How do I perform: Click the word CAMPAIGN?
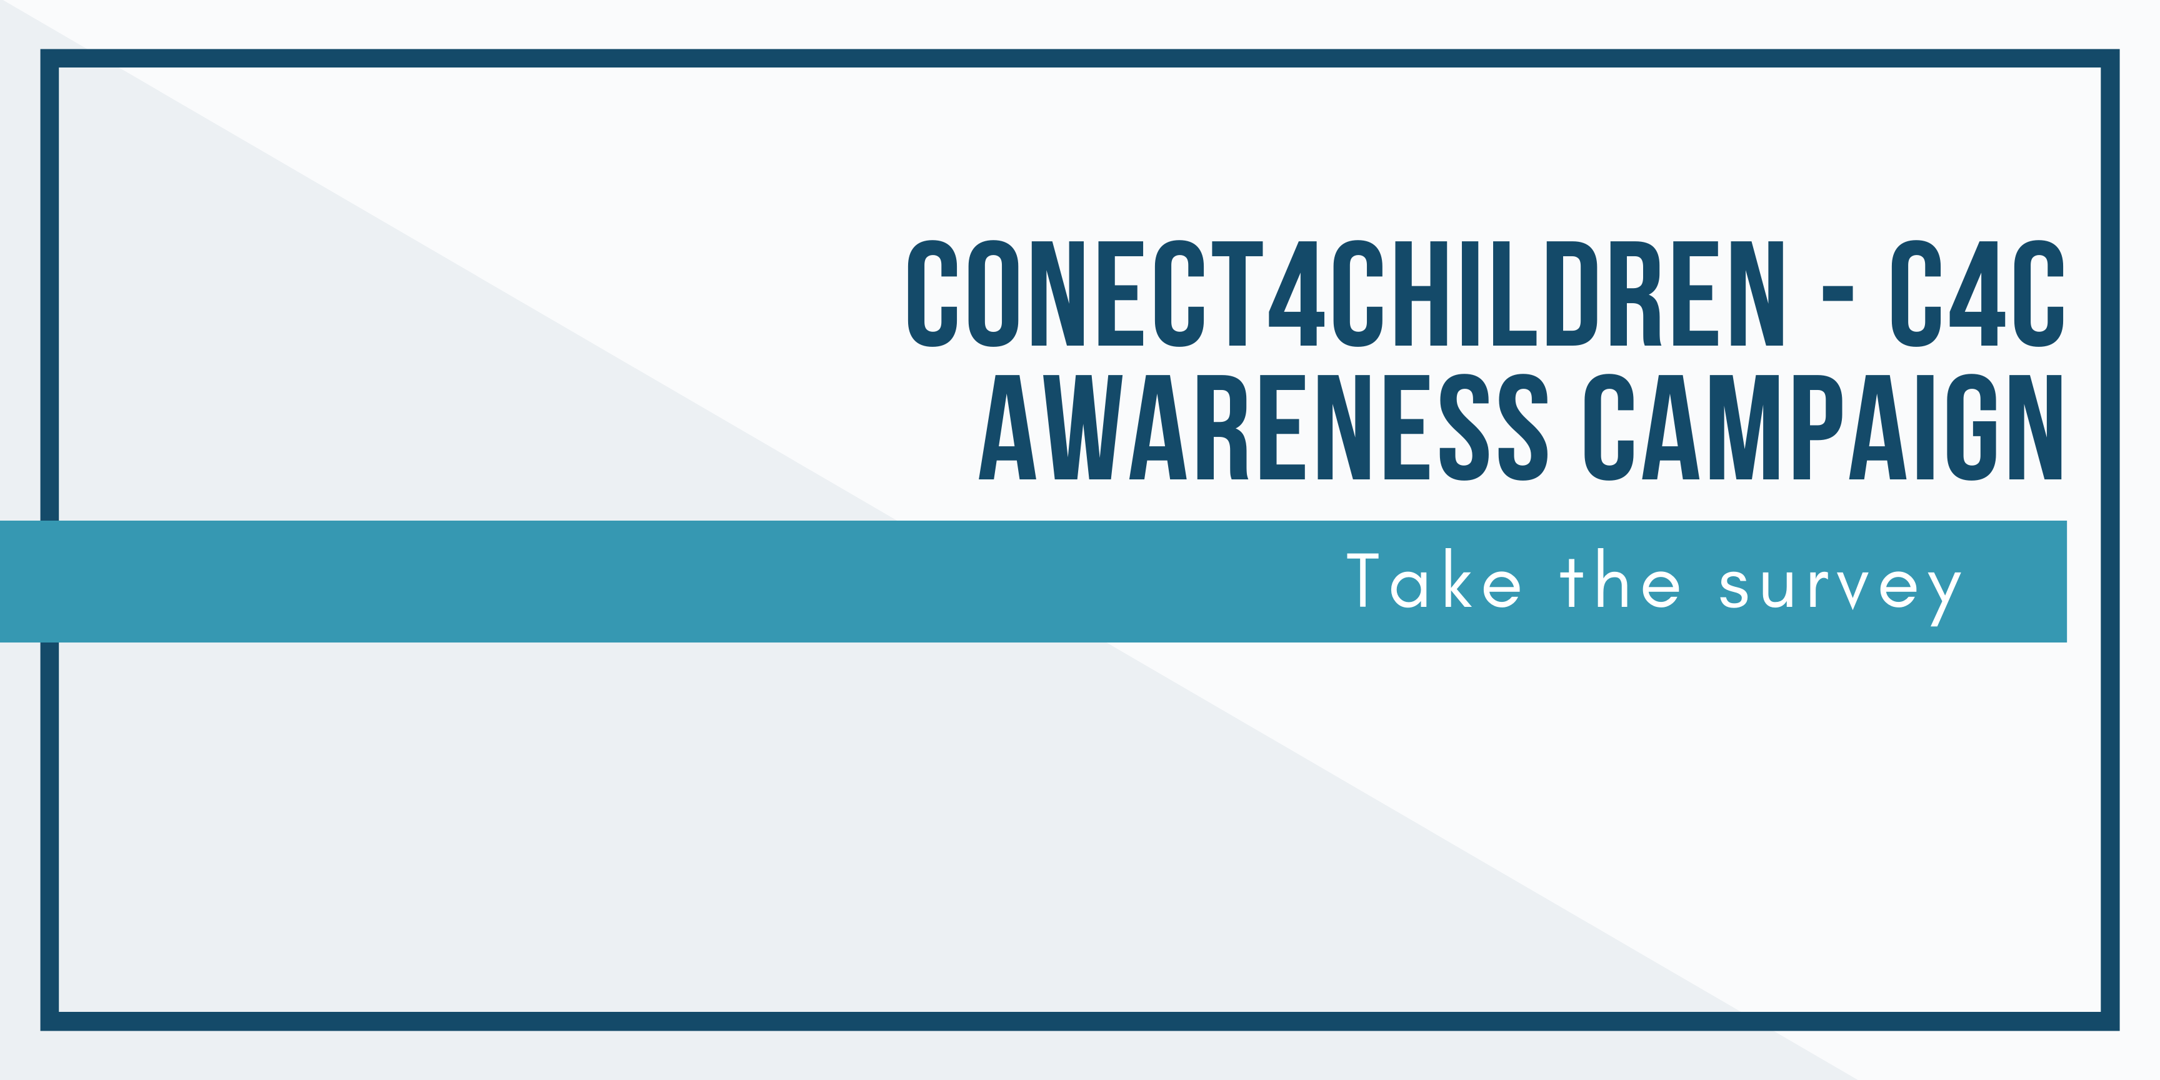pyautogui.click(x=1823, y=427)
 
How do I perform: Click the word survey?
pyautogui.click(x=1840, y=587)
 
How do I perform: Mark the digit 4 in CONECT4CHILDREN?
pyautogui.click(x=1296, y=294)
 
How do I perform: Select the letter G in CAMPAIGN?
pyautogui.click(x=1971, y=427)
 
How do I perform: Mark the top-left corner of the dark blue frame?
pyautogui.click(x=49, y=59)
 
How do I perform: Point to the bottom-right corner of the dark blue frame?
pyautogui.click(x=2110, y=1021)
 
